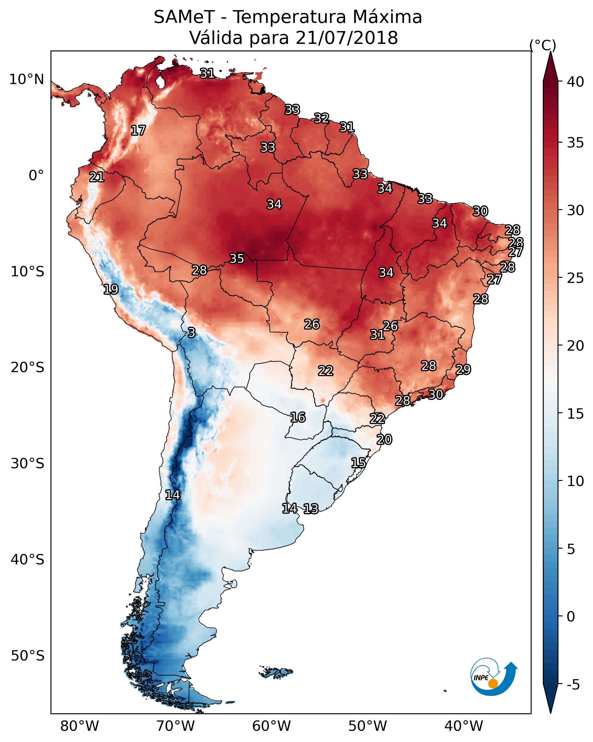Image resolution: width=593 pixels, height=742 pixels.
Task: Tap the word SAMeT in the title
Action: (184, 17)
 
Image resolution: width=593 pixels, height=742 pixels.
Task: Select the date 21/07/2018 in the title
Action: (346, 38)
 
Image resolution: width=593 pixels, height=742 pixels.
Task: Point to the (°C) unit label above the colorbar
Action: (543, 45)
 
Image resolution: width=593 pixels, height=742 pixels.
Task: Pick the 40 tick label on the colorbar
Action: (575, 82)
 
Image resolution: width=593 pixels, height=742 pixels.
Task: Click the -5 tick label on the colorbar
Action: (573, 685)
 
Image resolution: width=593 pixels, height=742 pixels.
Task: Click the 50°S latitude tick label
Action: (28, 656)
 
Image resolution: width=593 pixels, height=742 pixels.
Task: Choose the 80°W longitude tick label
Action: (79, 726)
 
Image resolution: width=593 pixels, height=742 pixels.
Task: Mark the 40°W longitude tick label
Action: (464, 726)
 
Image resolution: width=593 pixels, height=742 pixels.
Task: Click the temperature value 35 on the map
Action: (237, 259)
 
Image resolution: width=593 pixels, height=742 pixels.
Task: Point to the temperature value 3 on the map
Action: (192, 333)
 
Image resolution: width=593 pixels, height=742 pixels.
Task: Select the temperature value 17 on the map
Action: (138, 131)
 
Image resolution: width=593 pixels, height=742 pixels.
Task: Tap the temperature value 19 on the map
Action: (111, 290)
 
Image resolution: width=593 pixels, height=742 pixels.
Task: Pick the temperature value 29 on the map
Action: (463, 370)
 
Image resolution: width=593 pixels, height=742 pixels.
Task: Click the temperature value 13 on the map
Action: (311, 509)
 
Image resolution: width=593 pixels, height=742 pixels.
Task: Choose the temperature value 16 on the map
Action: (298, 417)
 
